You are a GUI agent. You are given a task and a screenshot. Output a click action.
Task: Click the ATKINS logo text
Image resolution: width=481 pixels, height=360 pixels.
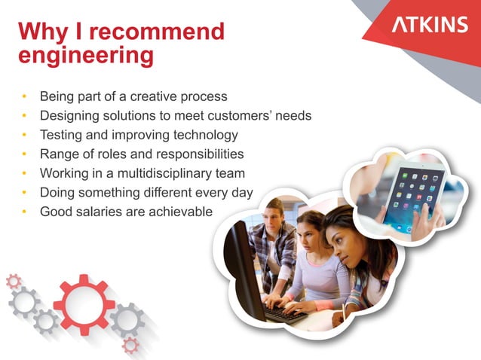(x=430, y=25)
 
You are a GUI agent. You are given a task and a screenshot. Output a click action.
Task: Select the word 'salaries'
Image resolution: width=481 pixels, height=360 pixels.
(x=99, y=212)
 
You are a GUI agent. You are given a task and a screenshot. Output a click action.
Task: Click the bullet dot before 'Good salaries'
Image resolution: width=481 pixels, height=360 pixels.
(x=25, y=212)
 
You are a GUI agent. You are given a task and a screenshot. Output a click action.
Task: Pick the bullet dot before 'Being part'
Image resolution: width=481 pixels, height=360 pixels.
(x=25, y=98)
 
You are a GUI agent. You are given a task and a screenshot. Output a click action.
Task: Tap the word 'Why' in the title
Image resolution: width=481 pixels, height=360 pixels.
(x=42, y=32)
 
